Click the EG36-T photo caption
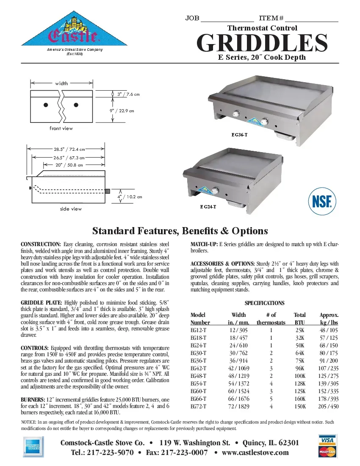[239, 135]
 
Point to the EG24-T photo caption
[208, 206]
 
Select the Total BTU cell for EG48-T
[300, 376]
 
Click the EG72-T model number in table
[199, 406]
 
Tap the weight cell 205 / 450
[328, 406]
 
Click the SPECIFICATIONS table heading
[264, 303]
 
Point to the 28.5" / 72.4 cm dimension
[69, 149]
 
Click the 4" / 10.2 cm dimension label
[129, 197]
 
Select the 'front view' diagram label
[61, 128]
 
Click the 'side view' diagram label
[71, 209]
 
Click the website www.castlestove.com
[255, 452]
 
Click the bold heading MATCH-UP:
[204, 244]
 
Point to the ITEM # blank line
[311, 19]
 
